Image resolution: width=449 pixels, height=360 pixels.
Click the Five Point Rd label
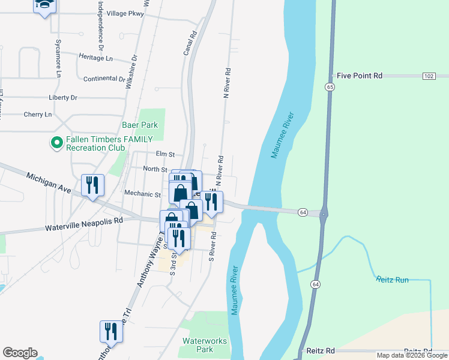tap(360, 76)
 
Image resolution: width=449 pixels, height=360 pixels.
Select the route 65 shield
tap(330, 87)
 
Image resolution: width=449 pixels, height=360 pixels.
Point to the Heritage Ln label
tap(96, 57)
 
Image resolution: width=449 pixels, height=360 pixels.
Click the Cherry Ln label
tap(38, 115)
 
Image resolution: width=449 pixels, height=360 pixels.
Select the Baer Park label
tap(139, 125)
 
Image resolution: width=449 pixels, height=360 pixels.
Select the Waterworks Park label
tap(205, 345)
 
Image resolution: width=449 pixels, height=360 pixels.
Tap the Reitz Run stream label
tap(392, 280)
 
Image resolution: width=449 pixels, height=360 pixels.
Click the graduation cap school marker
tap(44, 6)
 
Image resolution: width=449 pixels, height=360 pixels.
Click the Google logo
tap(19, 353)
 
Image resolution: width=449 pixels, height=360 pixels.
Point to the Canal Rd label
tap(193, 44)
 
